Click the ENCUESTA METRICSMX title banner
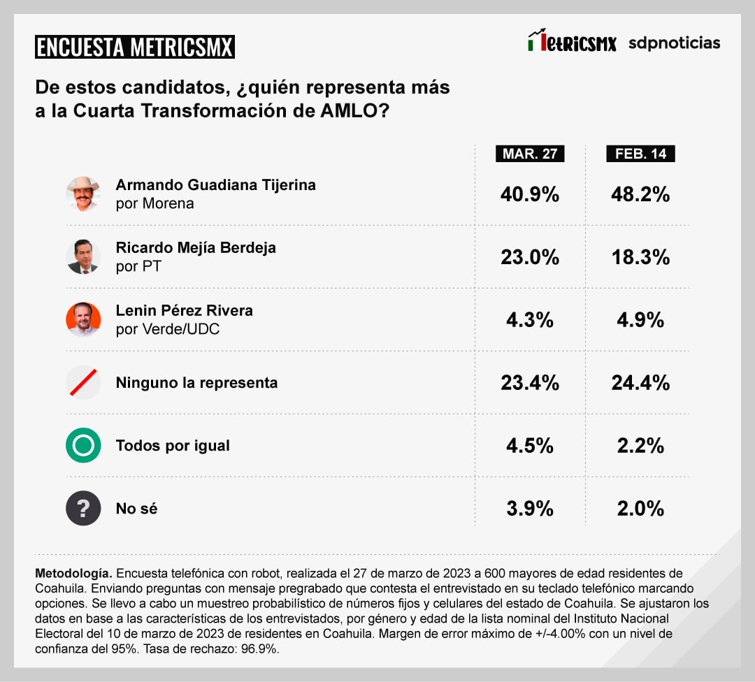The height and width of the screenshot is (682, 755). click(x=134, y=47)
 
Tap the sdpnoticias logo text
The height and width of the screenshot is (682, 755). click(x=674, y=43)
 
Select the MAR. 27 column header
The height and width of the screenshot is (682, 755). click(x=530, y=154)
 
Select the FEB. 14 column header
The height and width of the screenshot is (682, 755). click(x=640, y=154)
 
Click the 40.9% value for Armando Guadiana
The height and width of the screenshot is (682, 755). click(x=530, y=194)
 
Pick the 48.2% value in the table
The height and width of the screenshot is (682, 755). click(x=640, y=194)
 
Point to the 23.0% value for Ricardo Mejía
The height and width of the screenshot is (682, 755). click(x=530, y=257)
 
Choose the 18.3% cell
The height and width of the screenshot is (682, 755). click(x=640, y=257)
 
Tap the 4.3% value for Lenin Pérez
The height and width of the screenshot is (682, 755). click(x=530, y=320)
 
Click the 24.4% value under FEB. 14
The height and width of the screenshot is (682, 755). click(x=640, y=383)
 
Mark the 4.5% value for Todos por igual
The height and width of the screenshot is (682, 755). click(x=530, y=446)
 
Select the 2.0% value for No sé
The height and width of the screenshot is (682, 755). click(x=640, y=509)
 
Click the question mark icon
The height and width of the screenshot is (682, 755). click(x=83, y=508)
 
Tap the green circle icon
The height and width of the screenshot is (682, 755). click(x=83, y=445)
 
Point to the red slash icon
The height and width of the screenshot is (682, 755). click(x=83, y=382)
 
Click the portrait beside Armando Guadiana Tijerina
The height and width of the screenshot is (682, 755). click(x=83, y=194)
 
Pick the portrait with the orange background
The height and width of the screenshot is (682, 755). click(x=83, y=319)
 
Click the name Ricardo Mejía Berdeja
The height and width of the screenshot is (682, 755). click(x=196, y=248)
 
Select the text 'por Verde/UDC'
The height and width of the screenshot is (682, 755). click(x=168, y=328)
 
